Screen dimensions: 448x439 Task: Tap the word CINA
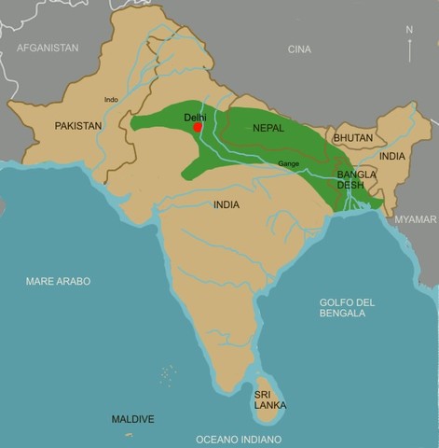(x=299, y=49)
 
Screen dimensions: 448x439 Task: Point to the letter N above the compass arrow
(x=409, y=30)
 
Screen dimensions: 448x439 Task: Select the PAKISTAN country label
(x=78, y=125)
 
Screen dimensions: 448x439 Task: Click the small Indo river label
(x=112, y=99)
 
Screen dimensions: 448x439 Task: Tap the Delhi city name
(x=196, y=118)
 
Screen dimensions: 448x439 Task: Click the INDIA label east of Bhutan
(x=392, y=156)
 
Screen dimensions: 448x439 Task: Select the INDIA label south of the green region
(x=226, y=204)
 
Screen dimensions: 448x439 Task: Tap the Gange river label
(x=288, y=164)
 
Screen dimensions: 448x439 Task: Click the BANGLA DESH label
(x=357, y=179)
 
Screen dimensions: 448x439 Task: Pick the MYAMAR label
(x=415, y=218)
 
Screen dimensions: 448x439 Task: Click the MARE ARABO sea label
(x=58, y=281)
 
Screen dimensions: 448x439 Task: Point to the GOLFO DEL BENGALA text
(x=347, y=307)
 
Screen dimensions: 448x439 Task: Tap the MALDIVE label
(x=132, y=419)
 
